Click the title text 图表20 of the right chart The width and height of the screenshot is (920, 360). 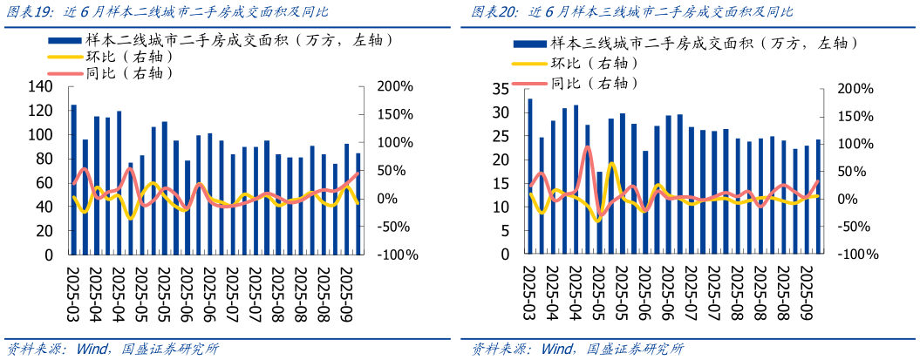[494, 12]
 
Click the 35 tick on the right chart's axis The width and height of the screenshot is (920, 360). [501, 89]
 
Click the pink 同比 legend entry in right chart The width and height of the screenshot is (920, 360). [592, 84]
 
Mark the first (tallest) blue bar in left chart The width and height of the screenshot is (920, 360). [73, 180]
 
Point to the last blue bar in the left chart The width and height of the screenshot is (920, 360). [358, 205]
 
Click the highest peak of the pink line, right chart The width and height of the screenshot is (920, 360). [588, 147]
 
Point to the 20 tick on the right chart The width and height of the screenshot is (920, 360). [501, 160]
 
